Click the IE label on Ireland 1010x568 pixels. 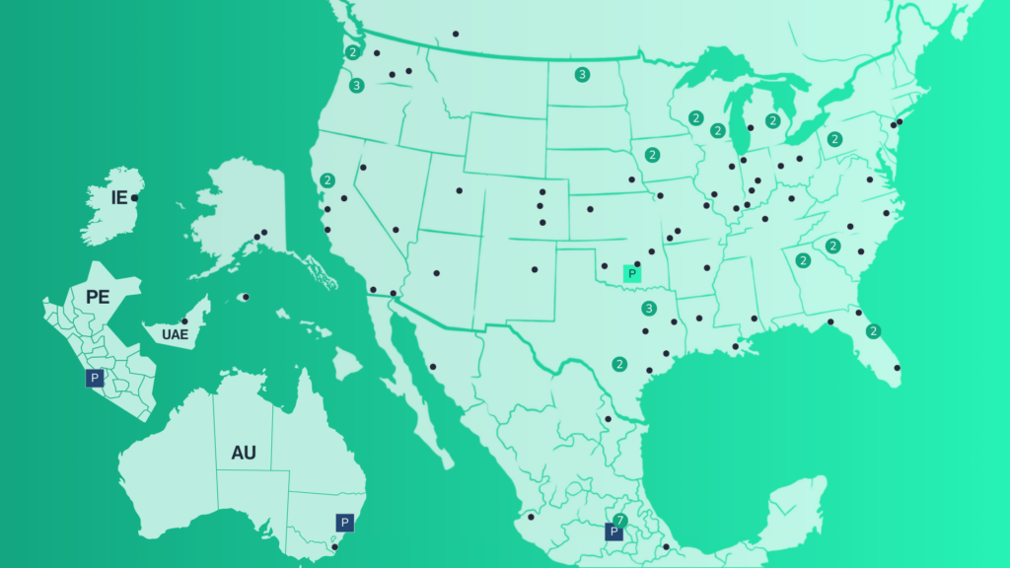(x=118, y=198)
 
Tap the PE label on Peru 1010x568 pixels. (x=98, y=297)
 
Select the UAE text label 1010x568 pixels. (x=175, y=335)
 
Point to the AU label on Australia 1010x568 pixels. (x=244, y=453)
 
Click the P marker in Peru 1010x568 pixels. (x=95, y=378)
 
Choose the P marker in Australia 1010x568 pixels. (x=344, y=523)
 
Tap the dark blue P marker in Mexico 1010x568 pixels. (x=614, y=532)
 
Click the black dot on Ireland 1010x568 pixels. (x=134, y=198)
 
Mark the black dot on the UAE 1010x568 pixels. (x=184, y=321)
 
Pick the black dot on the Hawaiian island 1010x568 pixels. (x=246, y=297)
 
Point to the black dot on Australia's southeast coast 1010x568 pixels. (x=334, y=546)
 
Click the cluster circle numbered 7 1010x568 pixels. (x=620, y=520)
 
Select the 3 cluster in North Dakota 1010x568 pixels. (x=582, y=74)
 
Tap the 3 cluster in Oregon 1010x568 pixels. (x=356, y=86)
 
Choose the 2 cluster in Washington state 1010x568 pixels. (x=352, y=52)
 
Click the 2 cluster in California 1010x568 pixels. (x=326, y=180)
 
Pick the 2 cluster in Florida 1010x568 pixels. (x=872, y=331)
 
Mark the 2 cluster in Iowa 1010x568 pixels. (x=652, y=155)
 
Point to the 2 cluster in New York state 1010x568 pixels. (x=834, y=139)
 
